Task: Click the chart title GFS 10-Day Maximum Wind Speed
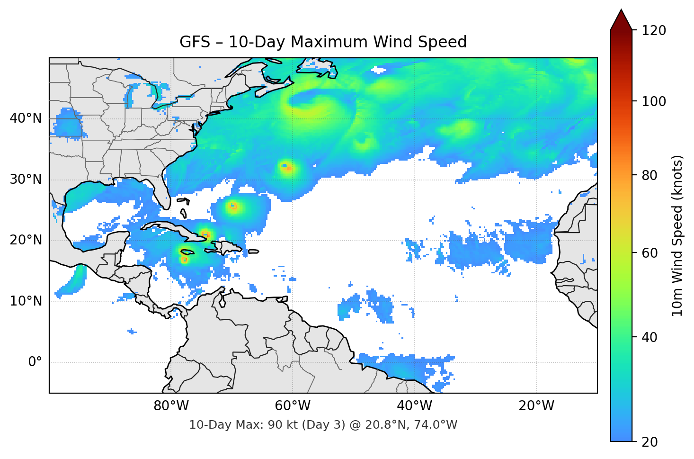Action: [323, 42]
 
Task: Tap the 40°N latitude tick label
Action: [26, 118]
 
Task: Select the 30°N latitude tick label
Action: [26, 180]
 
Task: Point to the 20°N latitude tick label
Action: [26, 240]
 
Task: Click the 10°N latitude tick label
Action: [26, 301]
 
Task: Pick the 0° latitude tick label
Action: [35, 362]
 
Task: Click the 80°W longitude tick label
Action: [171, 406]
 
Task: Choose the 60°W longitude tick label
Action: [293, 406]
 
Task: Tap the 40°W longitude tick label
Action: [415, 406]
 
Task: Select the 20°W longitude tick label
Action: [536, 406]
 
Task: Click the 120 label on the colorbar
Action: [654, 30]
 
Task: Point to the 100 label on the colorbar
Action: [654, 101]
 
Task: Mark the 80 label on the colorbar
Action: [650, 175]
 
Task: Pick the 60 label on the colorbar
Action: [650, 253]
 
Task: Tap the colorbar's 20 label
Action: [650, 442]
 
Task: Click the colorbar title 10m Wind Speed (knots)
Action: [677, 235]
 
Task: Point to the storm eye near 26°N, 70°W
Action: [232, 206]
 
